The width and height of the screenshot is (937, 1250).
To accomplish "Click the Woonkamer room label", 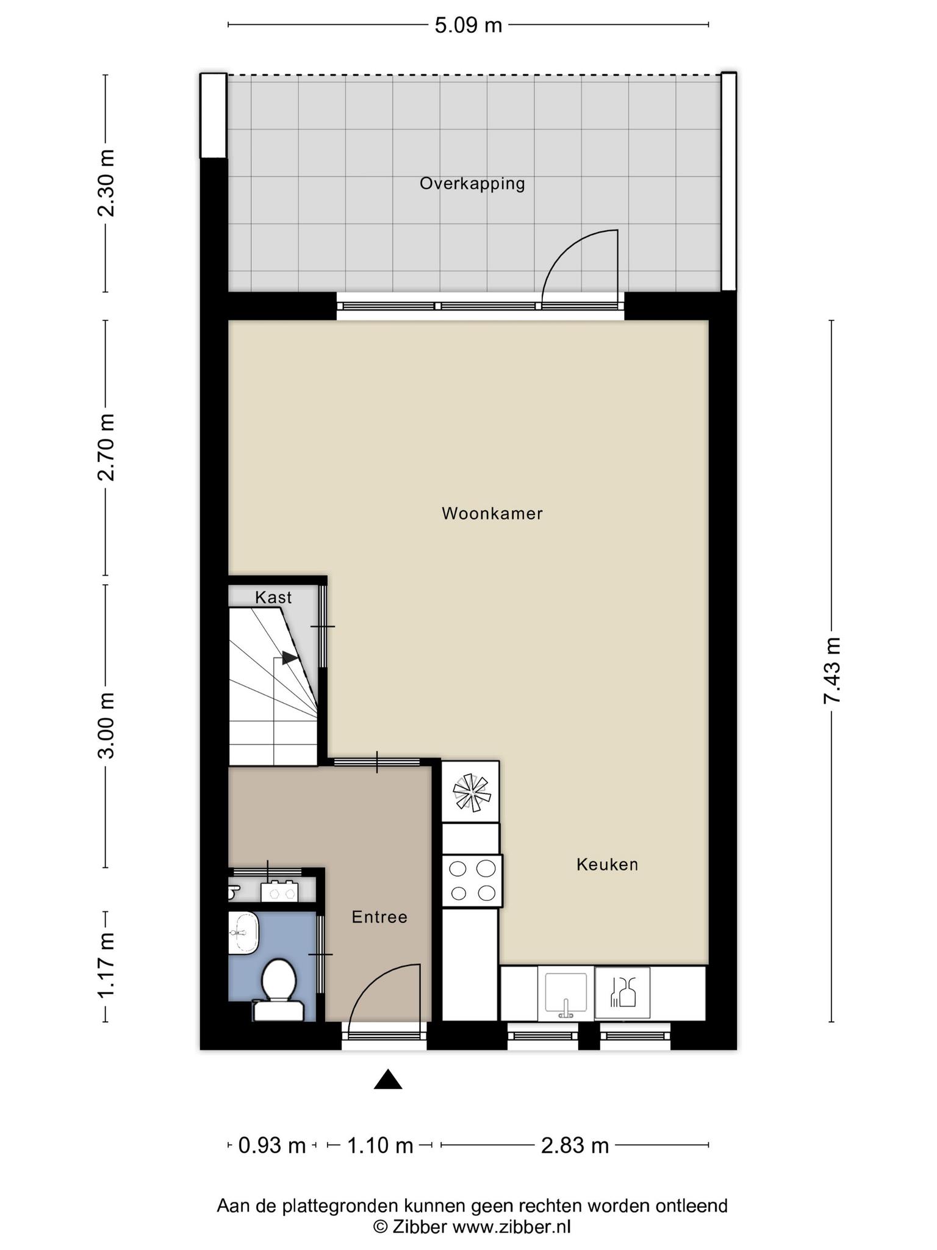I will tap(492, 513).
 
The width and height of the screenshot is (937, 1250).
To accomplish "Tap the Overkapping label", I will tap(472, 184).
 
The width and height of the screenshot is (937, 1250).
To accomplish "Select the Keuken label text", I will tap(607, 864).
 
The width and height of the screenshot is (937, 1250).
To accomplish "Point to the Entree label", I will tap(379, 917).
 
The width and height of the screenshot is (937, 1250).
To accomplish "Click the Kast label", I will tap(273, 598).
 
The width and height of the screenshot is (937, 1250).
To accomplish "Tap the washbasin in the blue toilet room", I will tap(244, 932).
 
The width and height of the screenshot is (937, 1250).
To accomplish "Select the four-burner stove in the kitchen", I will tap(472, 881).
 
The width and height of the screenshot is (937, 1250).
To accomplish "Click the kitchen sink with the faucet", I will tap(565, 993).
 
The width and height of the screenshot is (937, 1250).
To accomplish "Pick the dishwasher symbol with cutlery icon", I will tap(622, 992).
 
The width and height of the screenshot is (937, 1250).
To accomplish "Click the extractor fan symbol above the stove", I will tap(472, 792).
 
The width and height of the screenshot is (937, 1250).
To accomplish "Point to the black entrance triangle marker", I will tap(388, 1080).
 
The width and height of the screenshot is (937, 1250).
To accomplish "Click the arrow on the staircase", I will tap(289, 657).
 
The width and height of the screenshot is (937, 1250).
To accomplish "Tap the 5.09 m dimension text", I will tap(468, 25).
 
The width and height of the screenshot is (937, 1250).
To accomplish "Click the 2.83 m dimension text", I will tap(575, 1146).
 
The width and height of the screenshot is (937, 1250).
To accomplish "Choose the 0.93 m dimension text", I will tap(271, 1146).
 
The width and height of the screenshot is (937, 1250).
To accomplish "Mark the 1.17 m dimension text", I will tap(106, 966).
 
